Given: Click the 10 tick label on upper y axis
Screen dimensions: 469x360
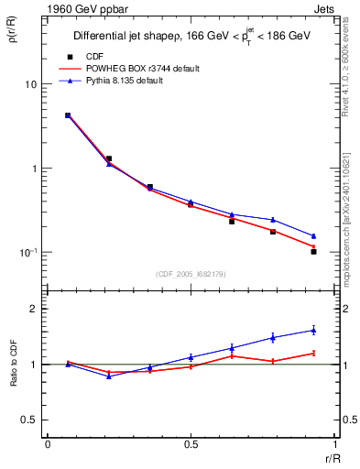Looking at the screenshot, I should click(x=30, y=84).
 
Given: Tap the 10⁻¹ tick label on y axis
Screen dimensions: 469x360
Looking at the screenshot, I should click(x=27, y=252).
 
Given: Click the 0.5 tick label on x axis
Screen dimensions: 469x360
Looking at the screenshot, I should click(x=190, y=446).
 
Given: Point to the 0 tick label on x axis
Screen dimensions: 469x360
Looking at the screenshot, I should click(x=47, y=446).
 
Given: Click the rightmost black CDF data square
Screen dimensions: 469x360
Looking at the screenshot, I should click(x=313, y=251).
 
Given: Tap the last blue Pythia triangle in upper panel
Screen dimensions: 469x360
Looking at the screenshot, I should click(x=313, y=235).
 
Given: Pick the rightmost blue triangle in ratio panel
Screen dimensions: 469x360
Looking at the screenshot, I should click(x=313, y=330).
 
